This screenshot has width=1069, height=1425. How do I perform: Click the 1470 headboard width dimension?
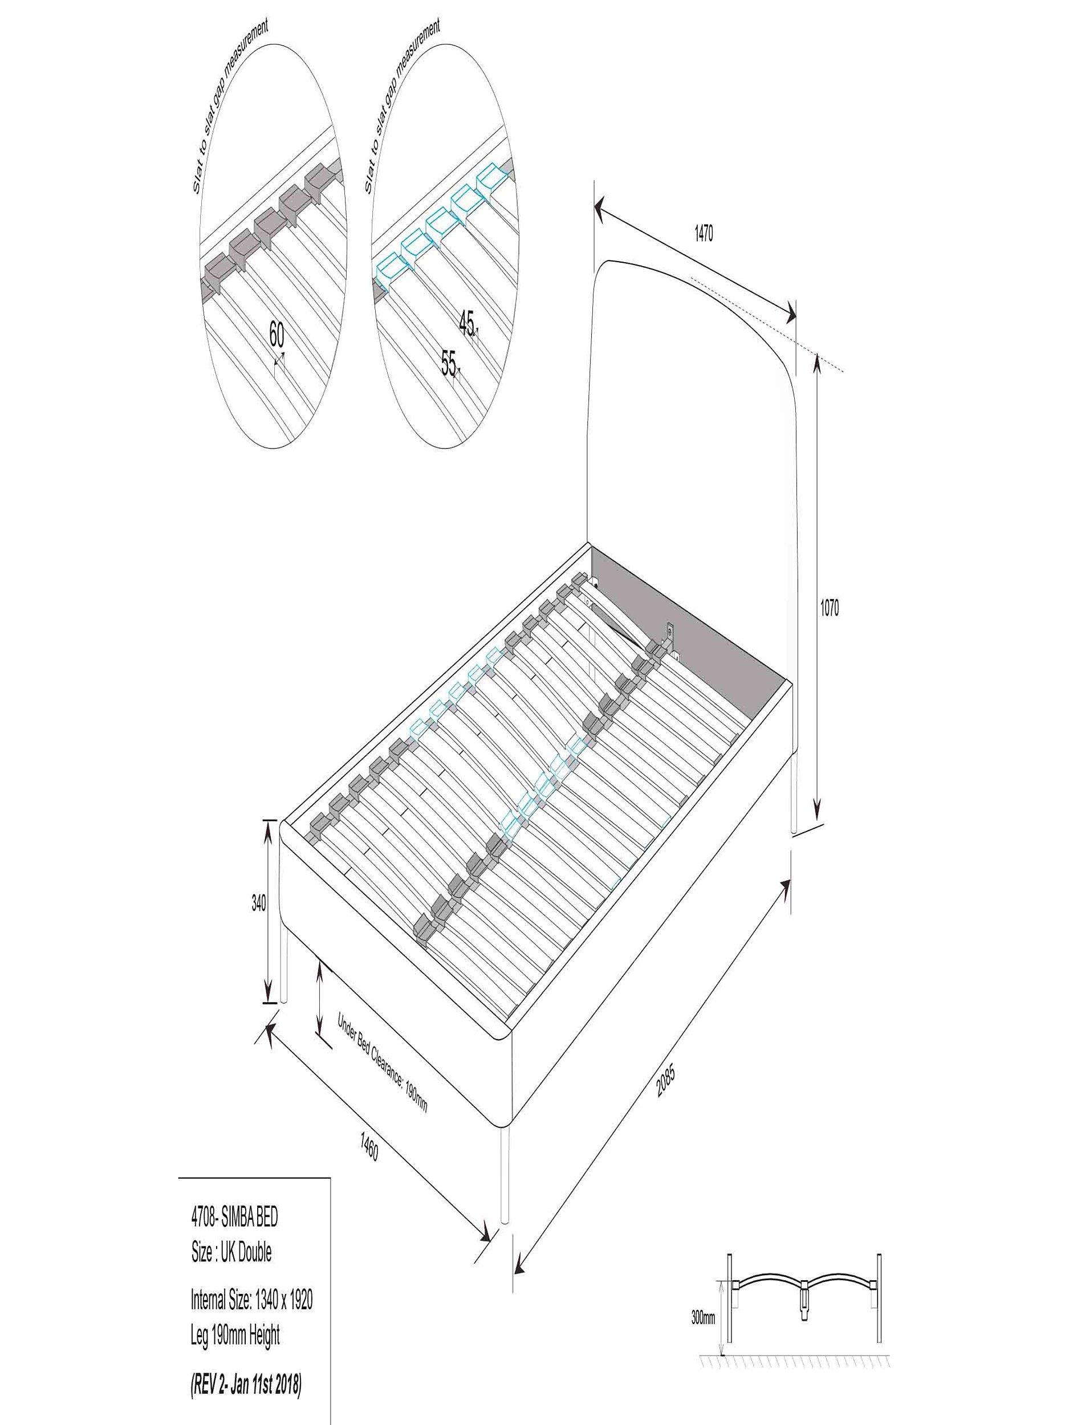[703, 235]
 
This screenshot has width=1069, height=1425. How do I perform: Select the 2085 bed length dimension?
[665, 1082]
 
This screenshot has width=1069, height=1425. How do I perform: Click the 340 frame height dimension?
[258, 904]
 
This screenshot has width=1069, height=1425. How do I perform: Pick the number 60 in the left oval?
[276, 335]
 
